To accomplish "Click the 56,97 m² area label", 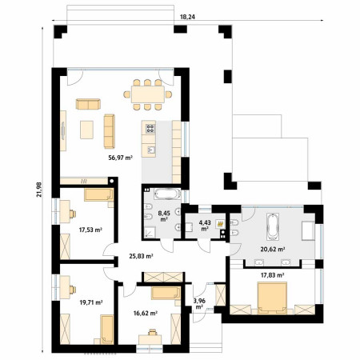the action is [x=121, y=158].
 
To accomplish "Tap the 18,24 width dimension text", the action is [x=187, y=17].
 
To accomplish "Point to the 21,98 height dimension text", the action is [x=39, y=190].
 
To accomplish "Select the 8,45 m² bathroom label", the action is [x=164, y=216].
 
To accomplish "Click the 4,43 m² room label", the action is [x=205, y=226].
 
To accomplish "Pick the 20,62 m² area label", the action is [x=273, y=250].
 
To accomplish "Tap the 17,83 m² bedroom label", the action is [x=272, y=275].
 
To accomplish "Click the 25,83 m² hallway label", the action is [x=141, y=256].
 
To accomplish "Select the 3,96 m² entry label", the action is [x=199, y=304].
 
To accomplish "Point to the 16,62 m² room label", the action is [x=146, y=313].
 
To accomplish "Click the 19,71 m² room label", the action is [x=91, y=302].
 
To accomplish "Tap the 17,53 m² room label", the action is [x=91, y=230].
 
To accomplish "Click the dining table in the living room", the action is [x=148, y=94].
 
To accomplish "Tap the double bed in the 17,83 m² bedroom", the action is [x=272, y=298].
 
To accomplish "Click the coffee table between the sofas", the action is [x=86, y=130].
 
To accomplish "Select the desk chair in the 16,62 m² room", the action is [x=152, y=332].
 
